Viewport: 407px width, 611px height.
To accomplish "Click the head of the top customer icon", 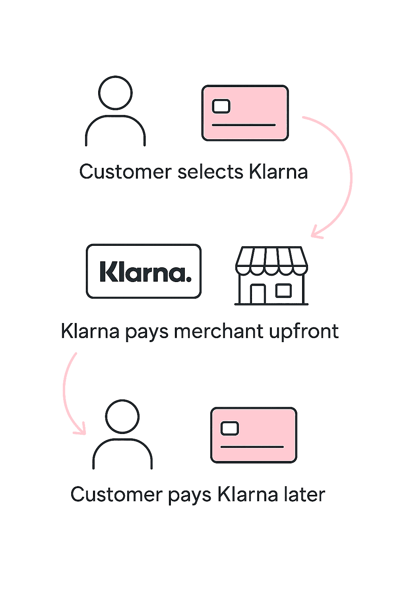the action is click(x=115, y=93).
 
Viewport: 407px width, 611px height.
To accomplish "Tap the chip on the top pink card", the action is click(x=221, y=107).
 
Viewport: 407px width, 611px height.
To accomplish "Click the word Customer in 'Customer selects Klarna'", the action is click(x=125, y=172).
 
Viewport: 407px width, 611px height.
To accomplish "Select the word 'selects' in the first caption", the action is click(x=210, y=172).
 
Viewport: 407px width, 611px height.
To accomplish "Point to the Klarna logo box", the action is click(x=144, y=271).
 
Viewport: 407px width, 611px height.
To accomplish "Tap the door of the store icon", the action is click(x=258, y=294).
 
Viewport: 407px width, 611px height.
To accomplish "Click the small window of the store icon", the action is click(x=283, y=290).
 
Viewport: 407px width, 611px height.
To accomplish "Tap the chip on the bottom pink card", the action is click(x=230, y=428).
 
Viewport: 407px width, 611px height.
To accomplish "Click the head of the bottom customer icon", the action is click(x=122, y=416).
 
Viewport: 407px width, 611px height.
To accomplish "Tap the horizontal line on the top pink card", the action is click(x=244, y=125).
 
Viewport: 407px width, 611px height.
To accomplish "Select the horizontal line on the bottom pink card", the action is click(x=252, y=447).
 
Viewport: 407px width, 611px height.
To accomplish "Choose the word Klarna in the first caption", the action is click(x=278, y=172).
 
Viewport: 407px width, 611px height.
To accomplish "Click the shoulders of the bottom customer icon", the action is click(x=122, y=449).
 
